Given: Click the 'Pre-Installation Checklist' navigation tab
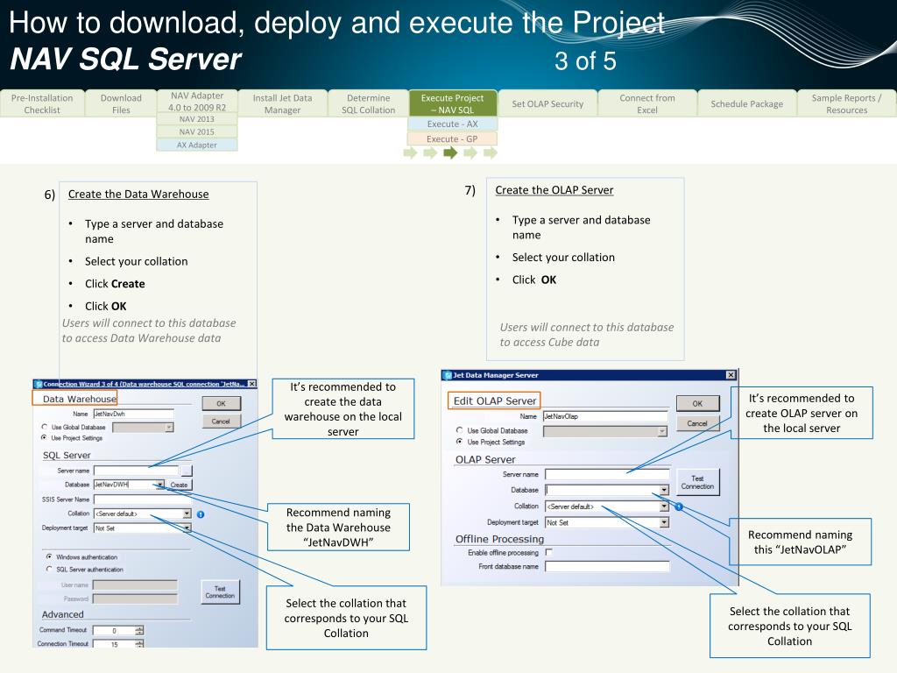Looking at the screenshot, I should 42,103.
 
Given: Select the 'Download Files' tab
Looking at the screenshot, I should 121,103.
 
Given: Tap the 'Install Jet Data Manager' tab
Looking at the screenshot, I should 282,103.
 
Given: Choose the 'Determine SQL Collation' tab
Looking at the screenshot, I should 369,103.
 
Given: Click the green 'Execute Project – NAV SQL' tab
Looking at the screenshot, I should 452,103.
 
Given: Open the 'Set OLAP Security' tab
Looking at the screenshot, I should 547,103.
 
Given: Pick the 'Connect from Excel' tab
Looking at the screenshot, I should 647,103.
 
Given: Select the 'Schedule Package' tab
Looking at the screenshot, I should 747,103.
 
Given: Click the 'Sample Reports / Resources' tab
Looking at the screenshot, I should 846,103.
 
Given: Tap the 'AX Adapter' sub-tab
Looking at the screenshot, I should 197,145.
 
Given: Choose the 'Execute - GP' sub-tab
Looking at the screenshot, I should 452,138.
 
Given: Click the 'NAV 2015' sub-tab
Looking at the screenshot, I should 197,131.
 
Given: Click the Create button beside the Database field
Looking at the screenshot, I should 180,485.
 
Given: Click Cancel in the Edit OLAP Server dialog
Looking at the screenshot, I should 697,423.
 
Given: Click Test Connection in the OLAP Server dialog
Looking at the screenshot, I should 697,482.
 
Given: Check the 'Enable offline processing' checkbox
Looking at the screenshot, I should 549,553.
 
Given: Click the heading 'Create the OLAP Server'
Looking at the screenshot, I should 554,190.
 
